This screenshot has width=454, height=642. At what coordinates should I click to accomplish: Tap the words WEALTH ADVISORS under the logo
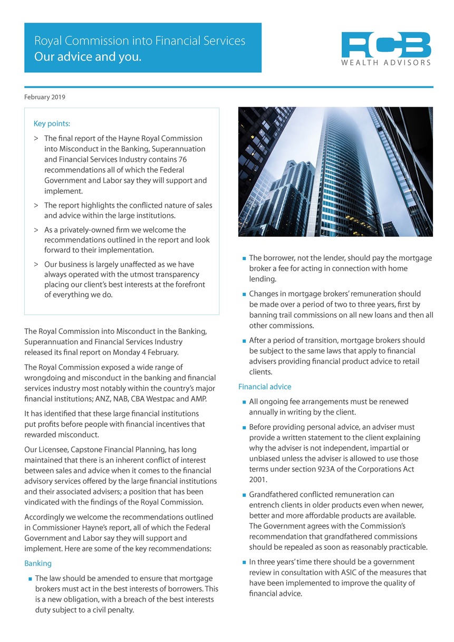tap(386, 63)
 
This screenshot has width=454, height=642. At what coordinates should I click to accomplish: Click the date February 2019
tap(45, 97)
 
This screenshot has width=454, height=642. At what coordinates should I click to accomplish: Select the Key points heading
tap(52, 124)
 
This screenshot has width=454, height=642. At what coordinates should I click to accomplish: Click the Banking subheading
tap(38, 563)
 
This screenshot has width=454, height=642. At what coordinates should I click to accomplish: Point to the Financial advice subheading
tap(265, 387)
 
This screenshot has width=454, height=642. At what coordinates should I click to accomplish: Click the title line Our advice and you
tap(88, 57)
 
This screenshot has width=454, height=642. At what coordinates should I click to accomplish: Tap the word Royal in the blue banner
tap(48, 41)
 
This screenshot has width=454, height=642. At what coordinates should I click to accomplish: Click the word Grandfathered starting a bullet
tap(276, 495)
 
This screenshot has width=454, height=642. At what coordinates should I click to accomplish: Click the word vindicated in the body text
tap(45, 502)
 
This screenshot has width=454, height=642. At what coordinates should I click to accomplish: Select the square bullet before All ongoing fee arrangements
tap(244, 403)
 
